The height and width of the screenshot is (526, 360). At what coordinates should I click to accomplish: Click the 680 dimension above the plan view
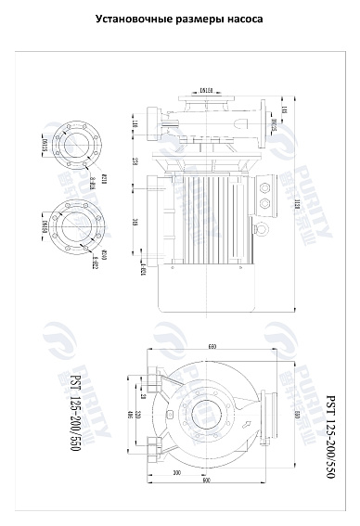(x=212, y=346)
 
